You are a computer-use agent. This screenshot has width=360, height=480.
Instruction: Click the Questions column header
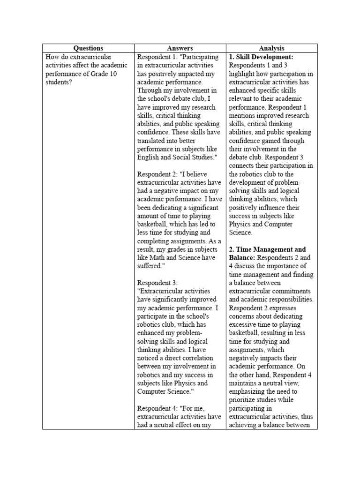pos(88,48)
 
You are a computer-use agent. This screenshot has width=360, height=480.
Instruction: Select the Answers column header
pos(180,48)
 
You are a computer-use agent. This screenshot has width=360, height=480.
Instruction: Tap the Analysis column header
pos(271,48)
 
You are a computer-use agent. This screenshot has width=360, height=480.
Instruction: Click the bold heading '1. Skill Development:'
pos(261,57)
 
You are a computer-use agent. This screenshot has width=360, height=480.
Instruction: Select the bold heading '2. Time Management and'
pos(267,249)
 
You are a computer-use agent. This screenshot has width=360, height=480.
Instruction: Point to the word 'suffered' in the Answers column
pos(151,266)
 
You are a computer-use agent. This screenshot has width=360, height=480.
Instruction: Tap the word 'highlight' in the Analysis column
pos(242,74)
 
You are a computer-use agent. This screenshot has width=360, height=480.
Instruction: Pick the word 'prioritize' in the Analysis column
pos(244,400)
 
